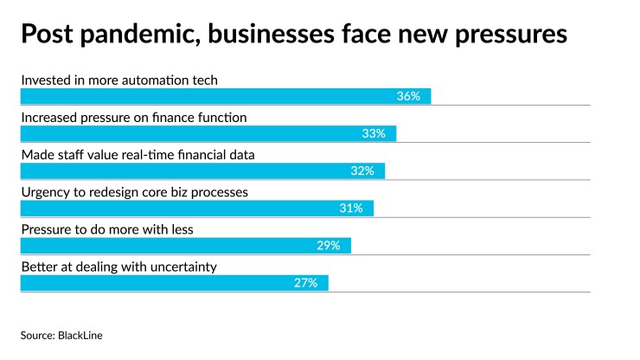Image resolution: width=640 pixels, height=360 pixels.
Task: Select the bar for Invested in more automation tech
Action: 225,96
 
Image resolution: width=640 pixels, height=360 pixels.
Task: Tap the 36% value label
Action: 408,96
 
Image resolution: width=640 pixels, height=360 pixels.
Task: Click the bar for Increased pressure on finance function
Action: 208,133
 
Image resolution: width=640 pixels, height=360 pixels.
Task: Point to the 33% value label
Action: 374,133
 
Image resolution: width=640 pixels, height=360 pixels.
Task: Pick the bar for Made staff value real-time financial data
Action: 202,170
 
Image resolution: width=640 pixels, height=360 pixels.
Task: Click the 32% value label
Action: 362,170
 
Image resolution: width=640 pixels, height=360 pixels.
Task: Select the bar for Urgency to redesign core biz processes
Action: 196,208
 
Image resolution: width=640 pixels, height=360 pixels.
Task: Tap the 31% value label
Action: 351,208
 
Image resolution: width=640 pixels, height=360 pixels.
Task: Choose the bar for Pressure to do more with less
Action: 185,245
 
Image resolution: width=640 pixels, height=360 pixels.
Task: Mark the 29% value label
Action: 329,245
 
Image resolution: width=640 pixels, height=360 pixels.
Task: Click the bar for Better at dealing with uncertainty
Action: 174,282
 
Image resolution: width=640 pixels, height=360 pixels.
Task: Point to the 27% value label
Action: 306,282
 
